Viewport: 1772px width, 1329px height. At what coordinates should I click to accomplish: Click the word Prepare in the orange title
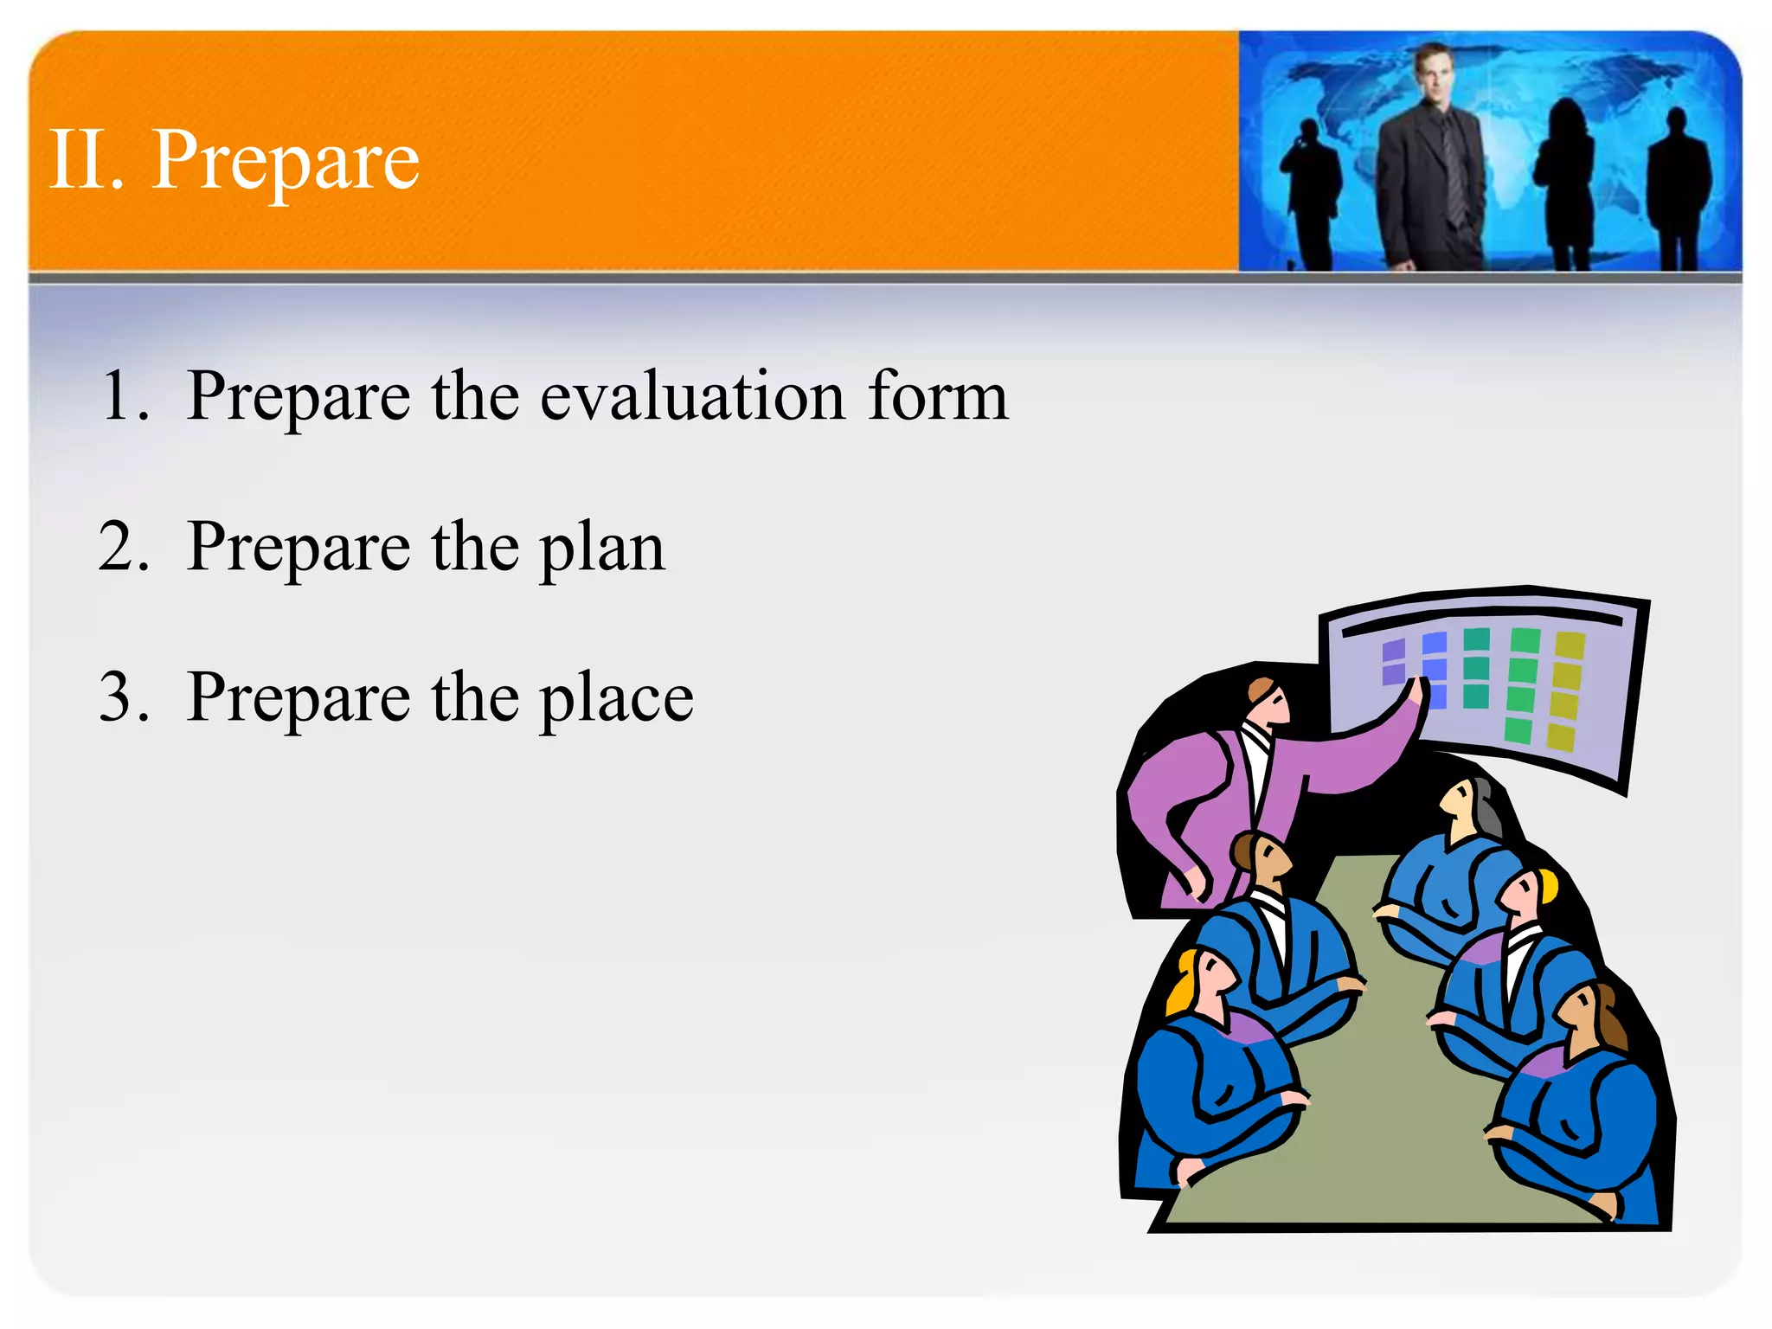[x=286, y=162]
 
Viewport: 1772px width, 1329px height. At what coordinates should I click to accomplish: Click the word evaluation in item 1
[x=692, y=395]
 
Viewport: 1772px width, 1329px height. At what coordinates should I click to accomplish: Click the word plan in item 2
[x=603, y=549]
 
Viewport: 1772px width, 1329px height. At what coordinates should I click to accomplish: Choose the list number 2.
[x=124, y=547]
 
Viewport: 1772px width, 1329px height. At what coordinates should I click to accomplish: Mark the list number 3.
[x=124, y=698]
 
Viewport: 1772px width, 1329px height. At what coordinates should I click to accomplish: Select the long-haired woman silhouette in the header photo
[x=1566, y=182]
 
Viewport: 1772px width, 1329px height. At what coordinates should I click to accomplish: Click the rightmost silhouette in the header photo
[x=1679, y=190]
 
